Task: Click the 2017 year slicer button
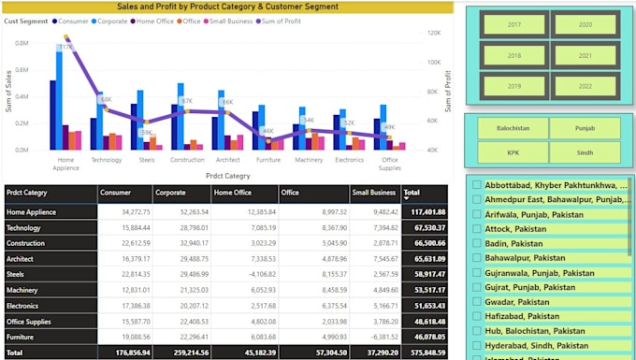[513, 25]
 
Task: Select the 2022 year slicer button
[585, 86]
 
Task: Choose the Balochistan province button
[512, 129]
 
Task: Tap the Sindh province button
[585, 152]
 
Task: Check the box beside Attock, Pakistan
[477, 228]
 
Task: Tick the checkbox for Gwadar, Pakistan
[477, 302]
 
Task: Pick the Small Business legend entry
[230, 21]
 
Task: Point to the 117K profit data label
[66, 47]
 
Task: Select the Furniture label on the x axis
[268, 160]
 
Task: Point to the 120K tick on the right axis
[433, 33]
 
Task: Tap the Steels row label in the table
[16, 274]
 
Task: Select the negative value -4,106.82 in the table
[257, 274]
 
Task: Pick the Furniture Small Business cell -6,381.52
[379, 337]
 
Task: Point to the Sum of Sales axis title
[9, 94]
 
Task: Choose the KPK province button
[512, 152]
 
